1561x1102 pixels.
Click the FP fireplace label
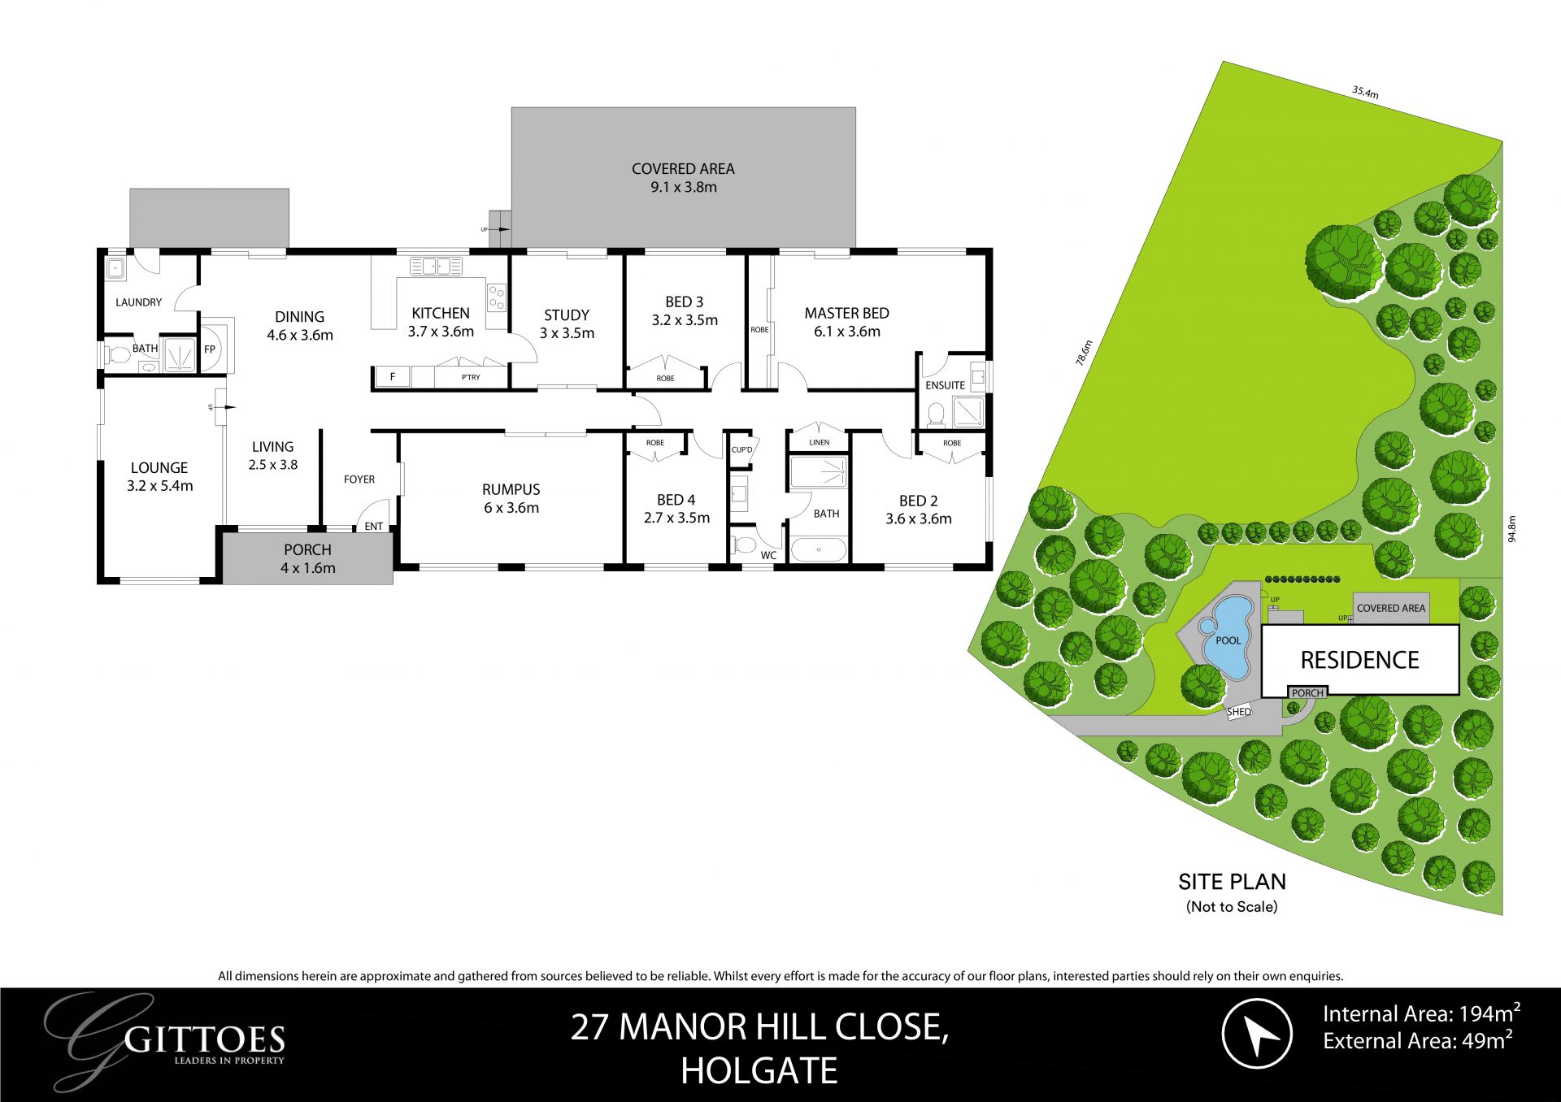point(210,349)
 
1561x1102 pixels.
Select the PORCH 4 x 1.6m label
point(307,559)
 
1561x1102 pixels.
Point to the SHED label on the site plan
point(1239,712)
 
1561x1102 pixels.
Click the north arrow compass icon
point(1257,1034)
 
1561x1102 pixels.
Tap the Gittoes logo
point(171,1040)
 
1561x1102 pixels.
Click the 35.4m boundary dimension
point(1365,93)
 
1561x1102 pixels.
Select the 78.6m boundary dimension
point(1084,353)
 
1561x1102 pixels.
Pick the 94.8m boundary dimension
point(1511,529)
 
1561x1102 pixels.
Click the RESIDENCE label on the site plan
point(1359,660)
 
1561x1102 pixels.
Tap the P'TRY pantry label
point(471,377)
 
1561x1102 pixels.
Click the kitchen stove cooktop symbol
point(497,298)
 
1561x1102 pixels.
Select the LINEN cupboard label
point(820,442)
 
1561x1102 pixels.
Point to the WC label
point(768,556)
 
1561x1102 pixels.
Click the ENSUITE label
point(945,385)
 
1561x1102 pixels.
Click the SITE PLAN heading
point(1232,882)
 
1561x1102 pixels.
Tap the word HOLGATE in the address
point(759,1071)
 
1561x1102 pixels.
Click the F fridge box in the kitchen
point(393,377)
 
